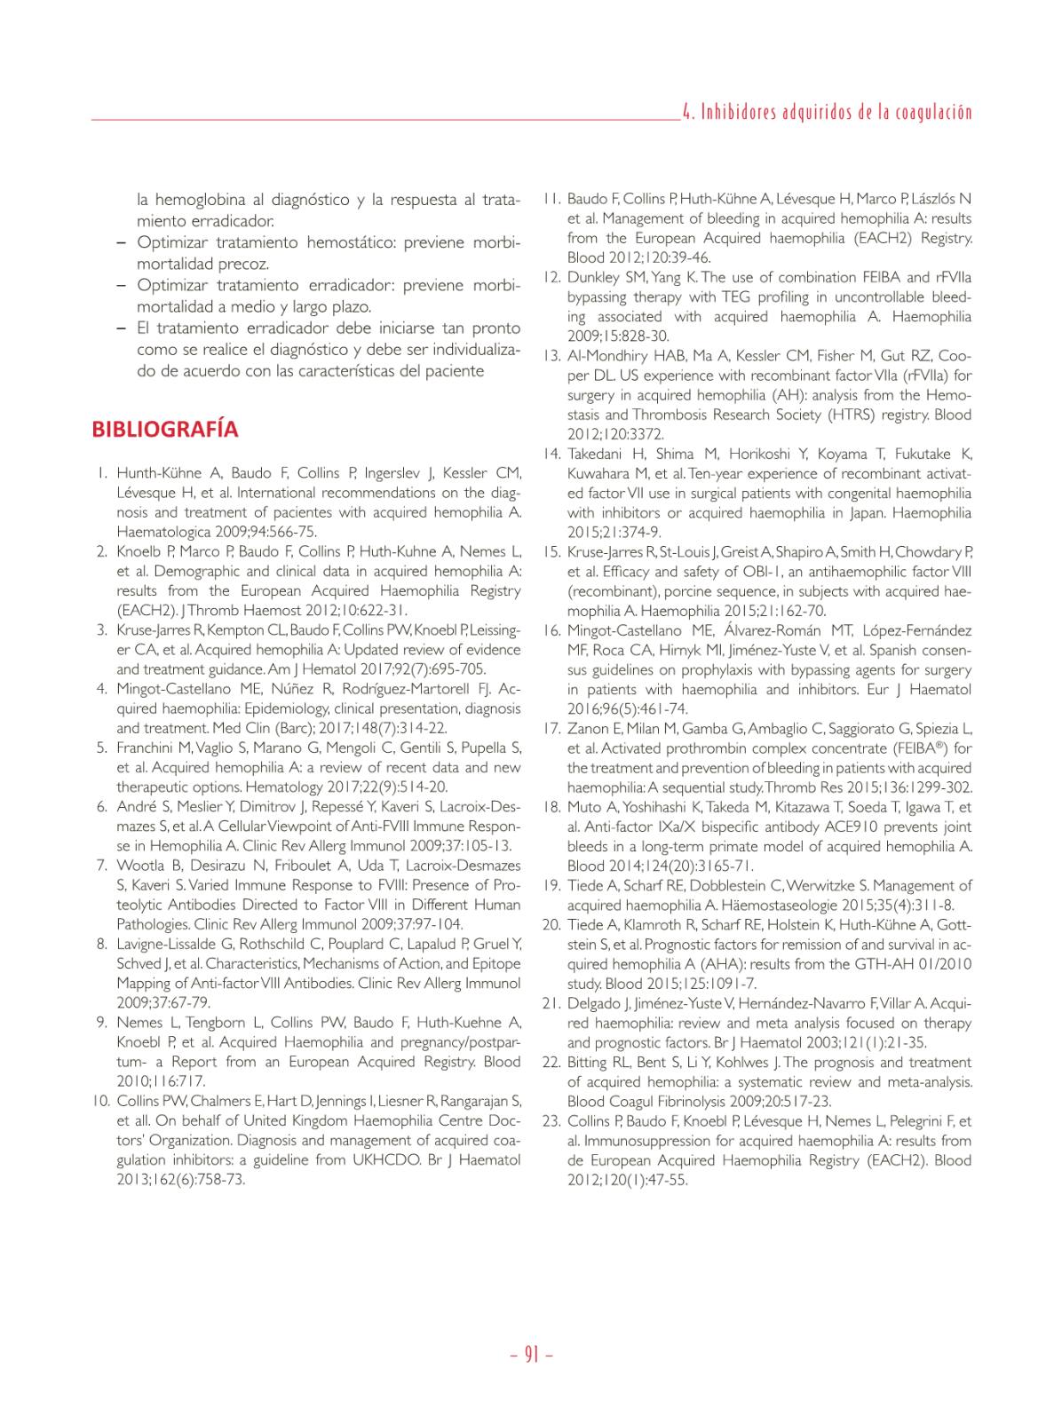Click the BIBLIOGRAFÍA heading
click(165, 430)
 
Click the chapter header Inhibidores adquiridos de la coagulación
click(827, 113)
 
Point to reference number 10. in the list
click(100, 1102)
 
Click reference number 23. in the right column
click(551, 1121)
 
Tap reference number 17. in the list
click(551, 729)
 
